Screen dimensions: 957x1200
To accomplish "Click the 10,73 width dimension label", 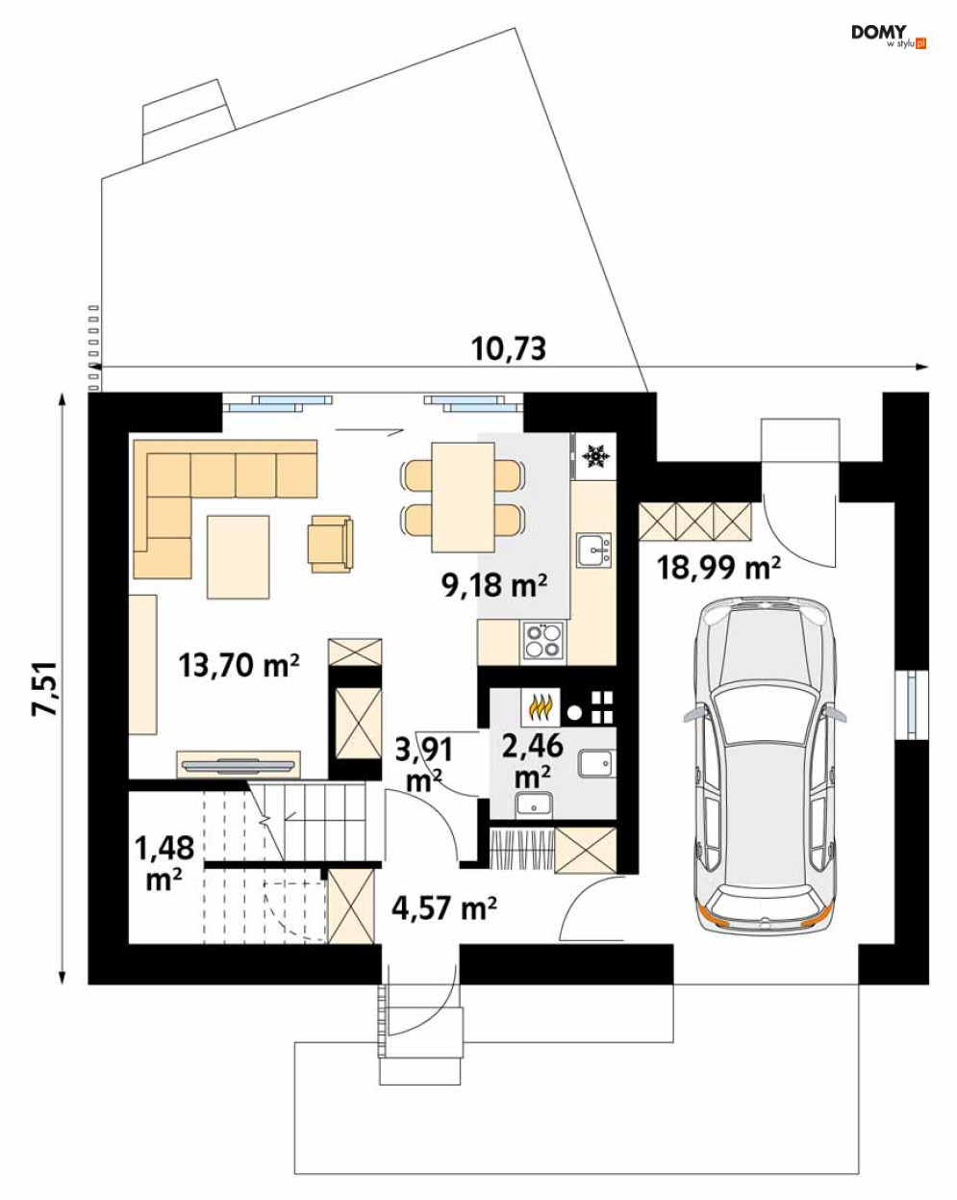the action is click(508, 349).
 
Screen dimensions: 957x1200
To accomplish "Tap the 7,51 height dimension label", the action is click(44, 689).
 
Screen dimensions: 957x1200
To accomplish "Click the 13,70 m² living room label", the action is click(239, 665).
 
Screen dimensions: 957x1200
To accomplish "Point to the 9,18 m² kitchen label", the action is click(494, 585).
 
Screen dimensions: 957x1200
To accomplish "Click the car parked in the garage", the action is click(765, 765).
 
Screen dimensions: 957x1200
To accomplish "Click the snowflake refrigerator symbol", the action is click(595, 455).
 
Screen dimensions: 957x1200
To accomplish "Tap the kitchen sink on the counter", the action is click(594, 549).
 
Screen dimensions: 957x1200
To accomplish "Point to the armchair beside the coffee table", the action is click(331, 544).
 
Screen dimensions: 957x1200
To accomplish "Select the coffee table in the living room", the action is click(238, 557).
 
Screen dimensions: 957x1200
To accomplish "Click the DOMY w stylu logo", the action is click(889, 37).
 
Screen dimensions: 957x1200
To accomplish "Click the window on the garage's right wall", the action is click(912, 704).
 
